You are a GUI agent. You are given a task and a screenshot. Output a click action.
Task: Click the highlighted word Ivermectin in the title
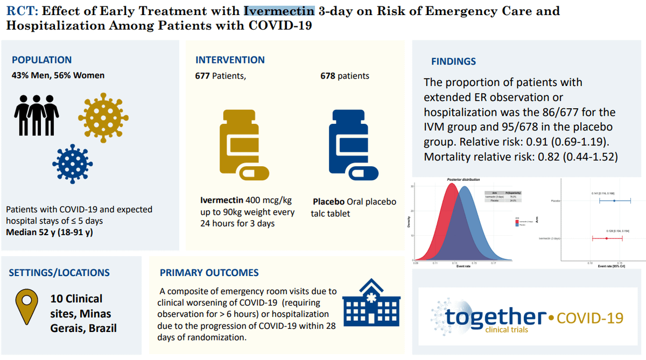[x=279, y=11]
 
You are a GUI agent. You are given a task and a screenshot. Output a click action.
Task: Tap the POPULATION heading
[x=41, y=60]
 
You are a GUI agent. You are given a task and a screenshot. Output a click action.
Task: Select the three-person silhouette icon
[x=36, y=114]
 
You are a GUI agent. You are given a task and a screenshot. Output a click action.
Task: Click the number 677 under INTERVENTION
[x=202, y=76]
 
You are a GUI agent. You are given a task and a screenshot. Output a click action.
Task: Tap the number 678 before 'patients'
[x=328, y=76]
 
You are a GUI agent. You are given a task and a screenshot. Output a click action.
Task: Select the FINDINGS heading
[x=453, y=61]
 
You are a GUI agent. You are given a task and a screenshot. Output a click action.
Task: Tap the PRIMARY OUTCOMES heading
[x=209, y=273]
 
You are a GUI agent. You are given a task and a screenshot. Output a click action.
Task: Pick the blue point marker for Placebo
[x=614, y=201]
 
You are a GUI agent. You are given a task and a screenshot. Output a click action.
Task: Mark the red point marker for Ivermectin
[x=606, y=238]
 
